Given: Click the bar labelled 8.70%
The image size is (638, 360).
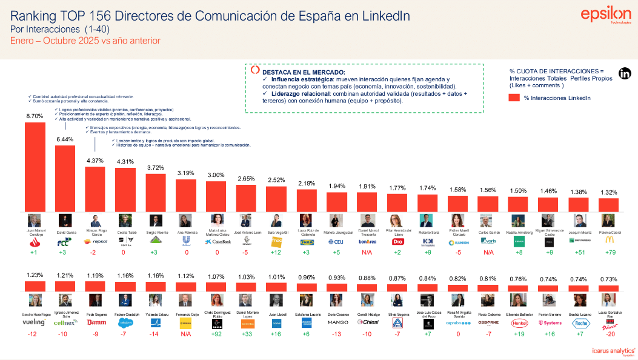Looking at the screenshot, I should [x=35, y=166].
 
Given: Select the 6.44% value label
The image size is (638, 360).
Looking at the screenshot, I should [x=65, y=139].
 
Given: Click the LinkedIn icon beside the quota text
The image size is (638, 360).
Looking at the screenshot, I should [x=625, y=74].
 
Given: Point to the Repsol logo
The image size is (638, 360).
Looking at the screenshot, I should [x=95, y=241].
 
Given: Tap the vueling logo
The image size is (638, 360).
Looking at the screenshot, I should [x=34, y=323].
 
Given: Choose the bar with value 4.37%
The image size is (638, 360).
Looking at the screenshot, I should [x=95, y=188].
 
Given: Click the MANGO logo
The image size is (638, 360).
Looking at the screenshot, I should [x=337, y=322].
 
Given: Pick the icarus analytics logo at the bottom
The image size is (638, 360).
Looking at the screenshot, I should [x=612, y=350].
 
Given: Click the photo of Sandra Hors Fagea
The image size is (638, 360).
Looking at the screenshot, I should [x=34, y=301].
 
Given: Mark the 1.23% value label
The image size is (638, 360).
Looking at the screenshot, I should [x=34, y=275].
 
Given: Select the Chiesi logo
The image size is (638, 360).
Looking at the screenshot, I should [x=367, y=323].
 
